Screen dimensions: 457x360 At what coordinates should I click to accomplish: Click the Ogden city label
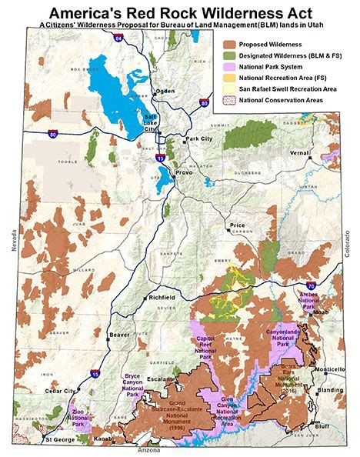[165, 91]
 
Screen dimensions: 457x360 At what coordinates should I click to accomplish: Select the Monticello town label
[330, 369]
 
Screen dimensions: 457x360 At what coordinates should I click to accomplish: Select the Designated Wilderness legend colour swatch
[229, 56]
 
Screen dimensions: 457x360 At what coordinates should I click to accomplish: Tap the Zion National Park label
[78, 419]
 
